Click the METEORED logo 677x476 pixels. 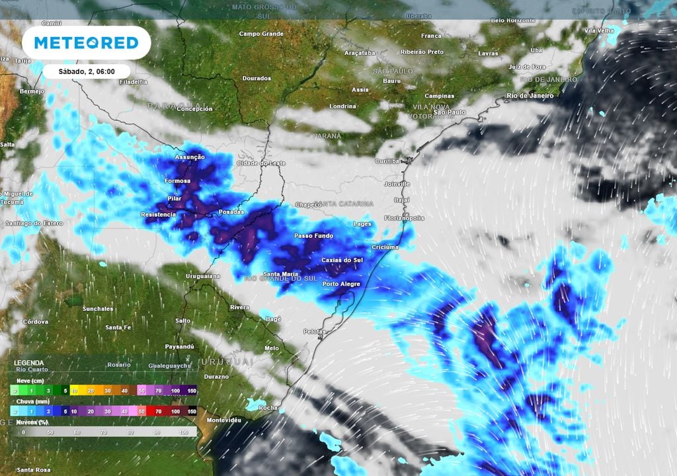pyautogui.click(x=86, y=43)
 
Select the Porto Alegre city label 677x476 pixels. pyautogui.click(x=341, y=284)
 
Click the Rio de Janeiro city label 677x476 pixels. pyautogui.click(x=530, y=96)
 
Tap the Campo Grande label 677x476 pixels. pyautogui.click(x=260, y=34)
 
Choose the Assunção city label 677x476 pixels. pyautogui.click(x=190, y=157)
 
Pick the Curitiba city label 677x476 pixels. pyautogui.click(x=387, y=161)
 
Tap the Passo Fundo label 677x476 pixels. pyautogui.click(x=313, y=236)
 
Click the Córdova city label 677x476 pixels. pyautogui.click(x=35, y=322)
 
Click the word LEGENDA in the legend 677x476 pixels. pyautogui.click(x=29, y=363)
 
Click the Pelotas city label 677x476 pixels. pyautogui.click(x=316, y=331)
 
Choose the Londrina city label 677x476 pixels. pyautogui.click(x=342, y=106)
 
